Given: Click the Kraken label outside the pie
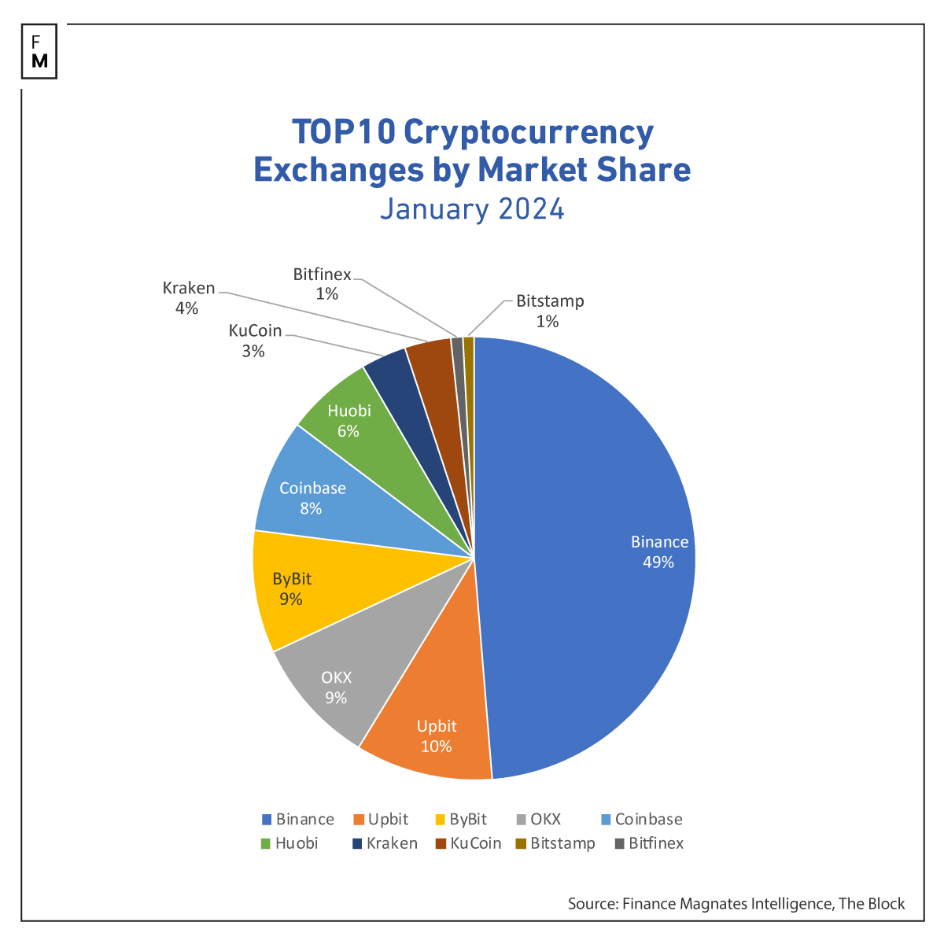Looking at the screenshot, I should [x=188, y=297].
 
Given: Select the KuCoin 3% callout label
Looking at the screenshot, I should [x=254, y=341].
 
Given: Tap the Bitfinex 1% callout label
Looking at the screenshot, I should [x=323, y=284].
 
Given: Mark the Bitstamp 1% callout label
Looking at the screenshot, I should [x=549, y=311].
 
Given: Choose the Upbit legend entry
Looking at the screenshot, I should [x=381, y=820].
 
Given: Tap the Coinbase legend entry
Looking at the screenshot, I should [x=641, y=820].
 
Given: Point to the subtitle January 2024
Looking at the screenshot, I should [x=472, y=209].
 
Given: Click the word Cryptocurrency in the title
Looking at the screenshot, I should [x=529, y=132].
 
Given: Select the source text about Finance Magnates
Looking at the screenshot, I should [x=736, y=904].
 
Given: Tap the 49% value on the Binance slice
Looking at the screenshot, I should [x=658, y=562].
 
